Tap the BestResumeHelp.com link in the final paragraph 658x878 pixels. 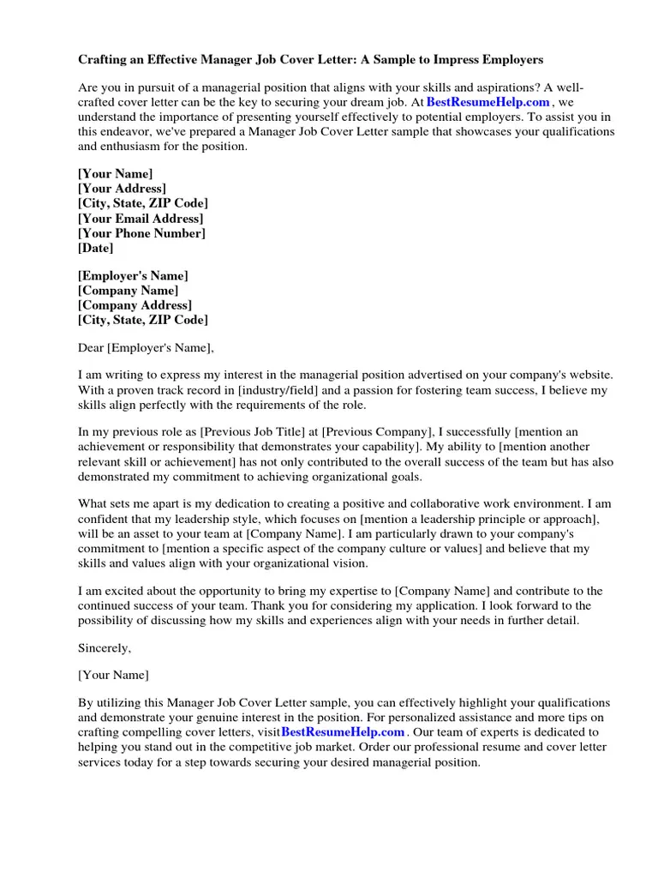point(343,731)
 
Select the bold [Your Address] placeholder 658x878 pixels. point(123,189)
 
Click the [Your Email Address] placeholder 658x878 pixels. point(141,219)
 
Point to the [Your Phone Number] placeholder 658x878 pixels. point(141,233)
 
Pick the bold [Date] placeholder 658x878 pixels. point(95,248)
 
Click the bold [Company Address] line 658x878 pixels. point(135,305)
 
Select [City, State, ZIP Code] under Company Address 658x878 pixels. point(142,320)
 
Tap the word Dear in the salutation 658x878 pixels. point(91,347)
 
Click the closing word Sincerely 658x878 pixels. point(105,647)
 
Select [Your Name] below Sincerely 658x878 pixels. point(113,675)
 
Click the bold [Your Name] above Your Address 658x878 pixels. point(116,174)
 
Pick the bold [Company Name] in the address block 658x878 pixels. point(129,291)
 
